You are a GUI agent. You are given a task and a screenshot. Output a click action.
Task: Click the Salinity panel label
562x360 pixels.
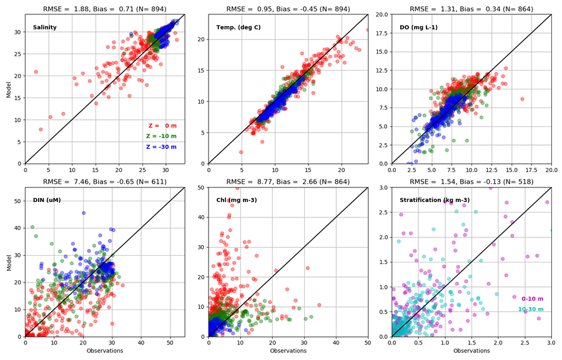coord(44,27)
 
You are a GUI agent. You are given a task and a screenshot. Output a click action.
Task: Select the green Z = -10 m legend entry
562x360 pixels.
coord(161,136)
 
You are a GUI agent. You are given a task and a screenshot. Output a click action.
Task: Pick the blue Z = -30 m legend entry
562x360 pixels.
coord(161,147)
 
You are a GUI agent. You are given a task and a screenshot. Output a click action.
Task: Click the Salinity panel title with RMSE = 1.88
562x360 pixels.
coord(105,9)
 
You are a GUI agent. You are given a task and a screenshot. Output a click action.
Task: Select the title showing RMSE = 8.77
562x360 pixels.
coord(288,182)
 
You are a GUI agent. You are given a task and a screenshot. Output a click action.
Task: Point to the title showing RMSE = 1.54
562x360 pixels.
coord(471,182)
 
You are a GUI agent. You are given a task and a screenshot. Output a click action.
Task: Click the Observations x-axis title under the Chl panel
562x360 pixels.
coord(288,351)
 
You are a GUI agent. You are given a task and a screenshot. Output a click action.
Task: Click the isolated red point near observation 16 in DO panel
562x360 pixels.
coord(523,99)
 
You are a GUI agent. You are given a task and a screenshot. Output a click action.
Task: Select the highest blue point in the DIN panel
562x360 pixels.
coord(83,213)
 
